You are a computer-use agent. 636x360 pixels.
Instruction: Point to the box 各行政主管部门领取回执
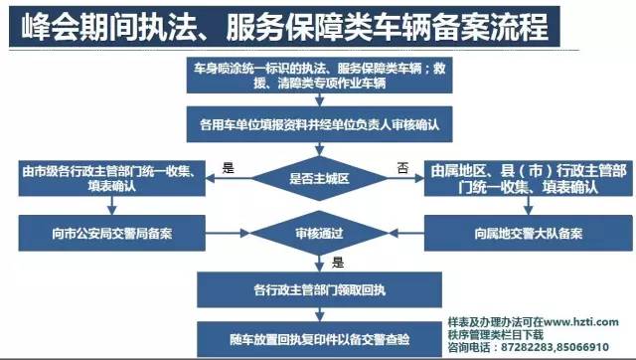pyautogui.click(x=318, y=291)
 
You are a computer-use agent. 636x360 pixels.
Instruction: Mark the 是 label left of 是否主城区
pyautogui.click(x=228, y=168)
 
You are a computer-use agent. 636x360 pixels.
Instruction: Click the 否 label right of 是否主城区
pyautogui.click(x=402, y=168)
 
